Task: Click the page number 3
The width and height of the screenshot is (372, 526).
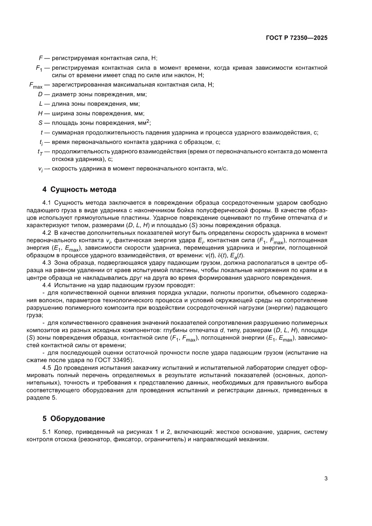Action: coord(326,478)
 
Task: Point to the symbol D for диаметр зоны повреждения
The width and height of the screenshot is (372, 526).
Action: coord(40,94)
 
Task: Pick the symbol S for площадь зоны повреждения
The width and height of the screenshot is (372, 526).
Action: coord(40,122)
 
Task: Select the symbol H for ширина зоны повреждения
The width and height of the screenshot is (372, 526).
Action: coord(40,113)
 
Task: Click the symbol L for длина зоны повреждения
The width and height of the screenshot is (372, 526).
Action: coord(40,104)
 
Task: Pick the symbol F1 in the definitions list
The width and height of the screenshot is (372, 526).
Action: coord(39,68)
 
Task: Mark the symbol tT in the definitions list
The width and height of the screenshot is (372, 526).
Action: coord(40,153)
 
